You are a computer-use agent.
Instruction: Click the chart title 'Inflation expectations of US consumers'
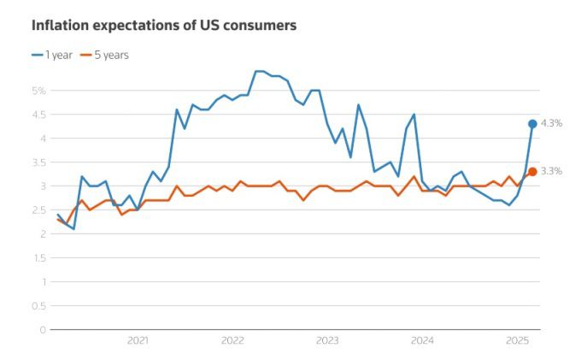[164, 26]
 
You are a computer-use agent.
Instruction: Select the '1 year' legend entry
[53, 55]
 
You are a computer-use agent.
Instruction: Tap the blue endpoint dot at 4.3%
[532, 124]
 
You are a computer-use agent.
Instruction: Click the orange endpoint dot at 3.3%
[532, 172]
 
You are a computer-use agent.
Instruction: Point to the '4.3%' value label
[551, 124]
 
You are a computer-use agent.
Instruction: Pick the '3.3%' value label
[551, 172]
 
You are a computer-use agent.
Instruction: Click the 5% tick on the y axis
[38, 90]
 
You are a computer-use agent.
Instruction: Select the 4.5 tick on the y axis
[38, 114]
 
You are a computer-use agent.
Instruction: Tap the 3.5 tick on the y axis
[38, 162]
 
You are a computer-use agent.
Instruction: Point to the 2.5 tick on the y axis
[38, 210]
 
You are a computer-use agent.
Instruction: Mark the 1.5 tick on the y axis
[38, 257]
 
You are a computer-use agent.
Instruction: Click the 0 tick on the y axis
[41, 329]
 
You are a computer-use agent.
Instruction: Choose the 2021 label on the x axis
[138, 340]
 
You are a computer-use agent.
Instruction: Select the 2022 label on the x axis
[232, 340]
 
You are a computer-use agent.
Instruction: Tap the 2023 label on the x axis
[327, 340]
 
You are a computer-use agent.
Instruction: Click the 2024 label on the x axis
[422, 340]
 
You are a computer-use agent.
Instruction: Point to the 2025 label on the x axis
[516, 340]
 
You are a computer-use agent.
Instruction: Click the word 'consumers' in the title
[260, 26]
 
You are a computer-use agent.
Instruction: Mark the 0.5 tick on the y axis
[38, 305]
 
